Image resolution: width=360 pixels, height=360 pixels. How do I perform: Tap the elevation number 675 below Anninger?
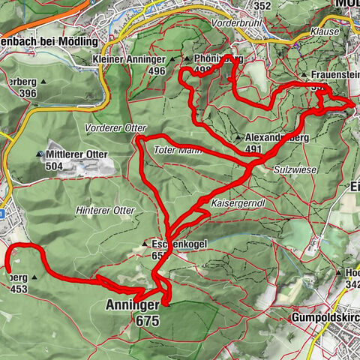click(x=148, y=320)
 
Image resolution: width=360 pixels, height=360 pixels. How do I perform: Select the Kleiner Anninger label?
click(x=129, y=58)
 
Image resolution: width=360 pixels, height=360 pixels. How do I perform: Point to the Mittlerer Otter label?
click(x=77, y=154)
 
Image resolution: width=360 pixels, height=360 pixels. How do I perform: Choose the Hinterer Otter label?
click(x=105, y=211)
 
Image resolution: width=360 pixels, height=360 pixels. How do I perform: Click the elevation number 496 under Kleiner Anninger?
click(x=156, y=70)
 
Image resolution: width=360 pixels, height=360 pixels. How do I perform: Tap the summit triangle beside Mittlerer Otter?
click(x=39, y=154)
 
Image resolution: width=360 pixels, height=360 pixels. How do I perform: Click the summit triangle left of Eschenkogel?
click(x=145, y=244)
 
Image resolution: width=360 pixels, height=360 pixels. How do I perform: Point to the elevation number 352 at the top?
click(x=262, y=6)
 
